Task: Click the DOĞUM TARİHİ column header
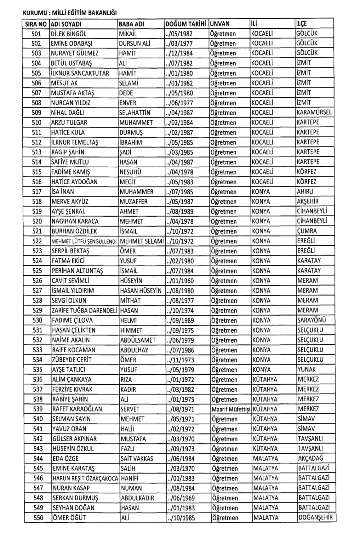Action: pos(186,24)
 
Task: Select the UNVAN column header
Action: pos(220,24)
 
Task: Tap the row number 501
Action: pos(37,34)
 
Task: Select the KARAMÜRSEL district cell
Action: pos(314,112)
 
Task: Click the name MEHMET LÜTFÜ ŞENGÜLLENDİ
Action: pos(85,241)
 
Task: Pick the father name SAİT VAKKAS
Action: pos(137,459)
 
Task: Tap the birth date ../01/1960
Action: pos(180,281)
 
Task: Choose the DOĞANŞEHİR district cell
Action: pos(315,518)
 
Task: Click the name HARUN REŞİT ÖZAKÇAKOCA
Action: pos(85,478)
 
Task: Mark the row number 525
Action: pos(37,271)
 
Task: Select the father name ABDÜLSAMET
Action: pos(138,340)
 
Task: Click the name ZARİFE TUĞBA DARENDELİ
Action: pos(85,310)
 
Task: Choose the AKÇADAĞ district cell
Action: pos(311,459)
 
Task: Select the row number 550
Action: pos(37,518)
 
